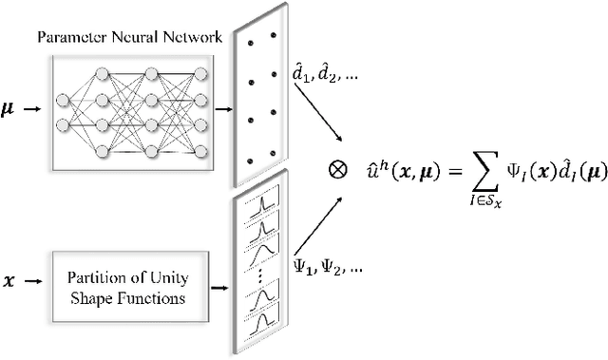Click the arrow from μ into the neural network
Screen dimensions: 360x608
[32, 109]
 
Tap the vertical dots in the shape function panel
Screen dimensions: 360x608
[259, 276]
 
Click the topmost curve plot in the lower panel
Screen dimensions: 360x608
[259, 200]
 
